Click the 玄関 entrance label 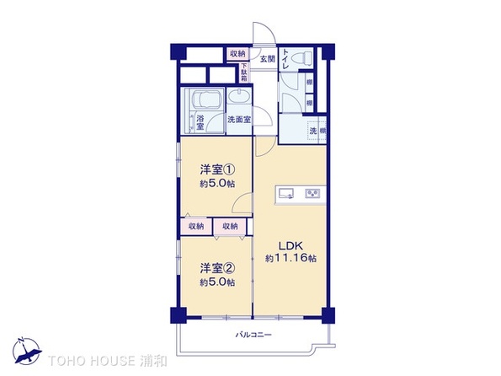[x=267, y=59]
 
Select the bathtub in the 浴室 [x=205, y=99]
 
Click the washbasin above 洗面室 [x=239, y=96]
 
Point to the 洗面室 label [x=239, y=120]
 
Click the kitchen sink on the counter [x=286, y=193]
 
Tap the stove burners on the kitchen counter [x=312, y=193]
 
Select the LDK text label [x=290, y=246]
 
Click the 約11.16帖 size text [x=290, y=258]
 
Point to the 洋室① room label [x=217, y=169]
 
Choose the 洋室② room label [x=217, y=268]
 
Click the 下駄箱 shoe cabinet [x=244, y=73]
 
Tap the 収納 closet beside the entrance [x=237, y=54]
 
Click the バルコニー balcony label [x=253, y=335]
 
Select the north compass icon [x=27, y=351]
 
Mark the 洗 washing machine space [x=313, y=131]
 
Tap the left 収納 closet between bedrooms [x=196, y=227]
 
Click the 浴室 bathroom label [x=200, y=122]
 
